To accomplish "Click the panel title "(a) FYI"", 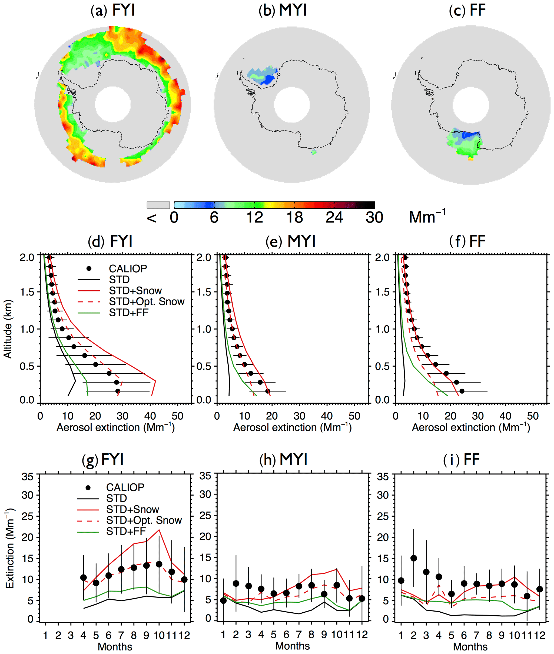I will coord(113,10).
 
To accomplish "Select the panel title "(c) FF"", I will coord(467,10).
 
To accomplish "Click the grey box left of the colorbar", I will coord(158,205).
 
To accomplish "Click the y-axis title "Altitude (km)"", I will coord(8,329).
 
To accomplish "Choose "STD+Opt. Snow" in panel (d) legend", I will coord(146,301).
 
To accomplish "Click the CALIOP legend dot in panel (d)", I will coord(89,268).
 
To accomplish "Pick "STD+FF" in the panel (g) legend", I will coord(126,531).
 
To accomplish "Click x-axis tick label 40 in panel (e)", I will coord(327,416).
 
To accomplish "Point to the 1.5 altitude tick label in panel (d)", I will coord(27,292).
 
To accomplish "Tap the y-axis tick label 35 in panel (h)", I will coord(205,476).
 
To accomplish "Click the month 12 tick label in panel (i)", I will coord(540,635).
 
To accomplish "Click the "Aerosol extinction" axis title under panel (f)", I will coord(471,427).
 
